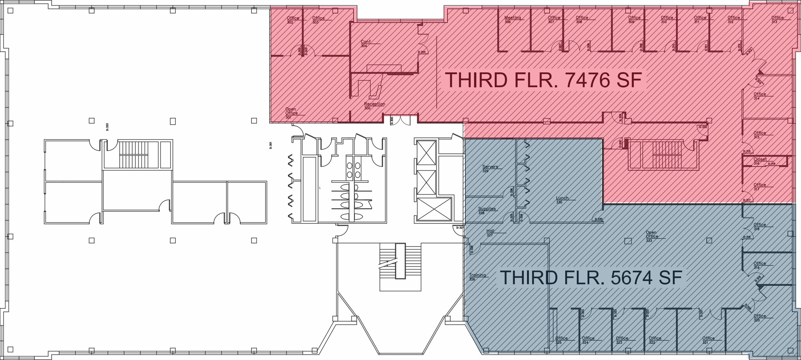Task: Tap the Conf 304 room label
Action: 365,43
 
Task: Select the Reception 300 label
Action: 374,106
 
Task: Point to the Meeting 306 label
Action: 512,20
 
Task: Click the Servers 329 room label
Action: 490,168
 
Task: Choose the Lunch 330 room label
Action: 562,200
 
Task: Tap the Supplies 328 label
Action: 487,210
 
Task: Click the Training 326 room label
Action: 477,277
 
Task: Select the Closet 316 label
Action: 760,161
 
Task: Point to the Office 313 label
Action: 777,20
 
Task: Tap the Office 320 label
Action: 760,318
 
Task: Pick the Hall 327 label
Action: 490,233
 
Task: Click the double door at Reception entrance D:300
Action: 400,120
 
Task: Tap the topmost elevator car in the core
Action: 426,153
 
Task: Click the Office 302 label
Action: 293,20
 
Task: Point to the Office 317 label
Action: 760,187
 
